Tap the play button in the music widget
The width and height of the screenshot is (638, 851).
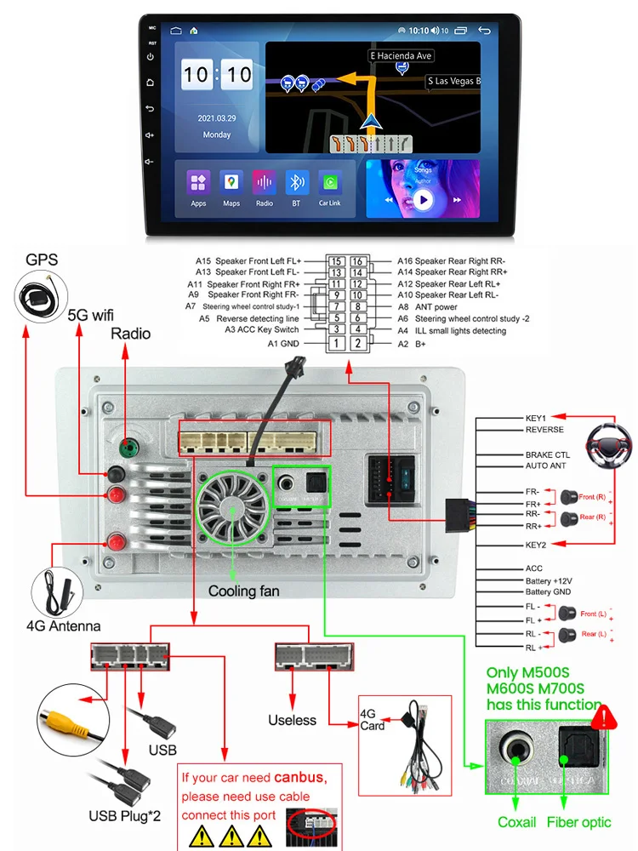tap(423, 200)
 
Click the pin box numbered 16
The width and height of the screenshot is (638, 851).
tap(358, 262)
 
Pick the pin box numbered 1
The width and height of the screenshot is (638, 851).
tap(337, 344)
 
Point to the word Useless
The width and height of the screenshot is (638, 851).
tap(292, 721)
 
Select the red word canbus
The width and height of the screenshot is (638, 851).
tap(299, 777)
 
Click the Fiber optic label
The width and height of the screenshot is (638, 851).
tap(579, 822)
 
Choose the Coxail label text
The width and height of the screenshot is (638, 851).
tap(517, 822)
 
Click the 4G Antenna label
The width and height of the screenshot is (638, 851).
tap(63, 626)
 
